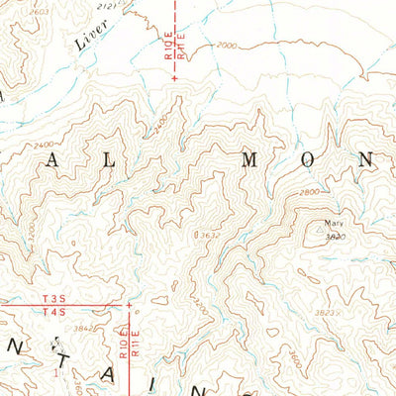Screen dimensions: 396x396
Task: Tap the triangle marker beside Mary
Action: (349, 224)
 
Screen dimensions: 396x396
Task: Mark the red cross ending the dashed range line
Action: (175, 90)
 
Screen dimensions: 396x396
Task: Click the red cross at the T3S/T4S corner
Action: (128, 304)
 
